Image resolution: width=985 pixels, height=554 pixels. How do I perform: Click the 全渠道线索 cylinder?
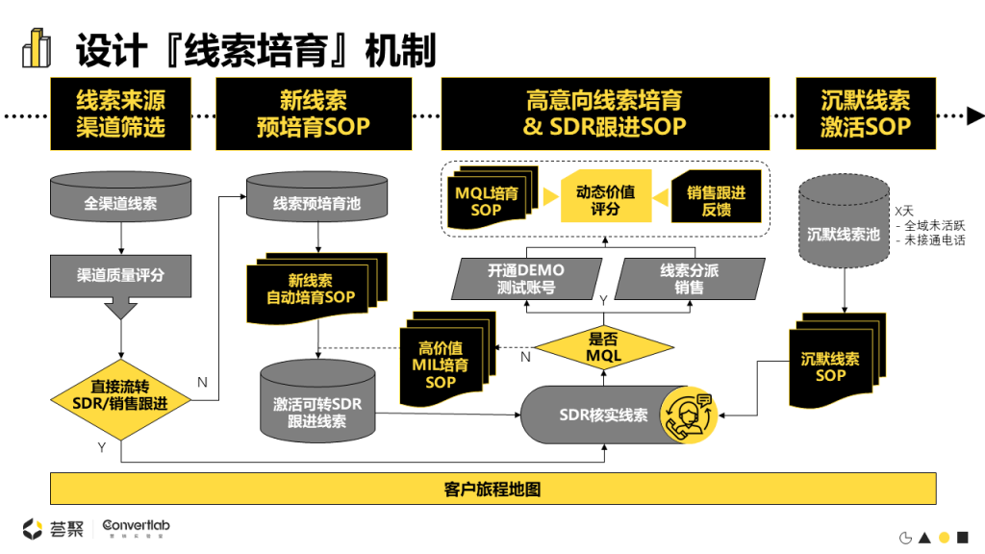[121, 203]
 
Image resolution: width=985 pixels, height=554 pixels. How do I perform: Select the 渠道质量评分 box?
[121, 275]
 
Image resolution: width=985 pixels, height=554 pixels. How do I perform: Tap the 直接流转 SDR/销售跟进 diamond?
[121, 394]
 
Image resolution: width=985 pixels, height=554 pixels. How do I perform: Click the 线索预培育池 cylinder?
[317, 203]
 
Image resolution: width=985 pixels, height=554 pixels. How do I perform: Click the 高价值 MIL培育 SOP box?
[440, 364]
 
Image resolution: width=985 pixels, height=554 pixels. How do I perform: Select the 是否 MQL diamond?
[604, 347]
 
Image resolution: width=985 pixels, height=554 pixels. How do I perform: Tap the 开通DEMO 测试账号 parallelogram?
[526, 278]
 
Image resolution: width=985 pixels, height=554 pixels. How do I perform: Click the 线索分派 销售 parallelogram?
[689, 278]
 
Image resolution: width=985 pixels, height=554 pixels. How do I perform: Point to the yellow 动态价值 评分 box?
[605, 199]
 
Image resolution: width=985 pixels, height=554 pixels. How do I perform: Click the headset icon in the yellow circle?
[691, 415]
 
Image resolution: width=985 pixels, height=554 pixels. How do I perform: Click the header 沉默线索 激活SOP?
[866, 113]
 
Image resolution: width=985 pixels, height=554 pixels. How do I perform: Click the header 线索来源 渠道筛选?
[121, 113]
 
